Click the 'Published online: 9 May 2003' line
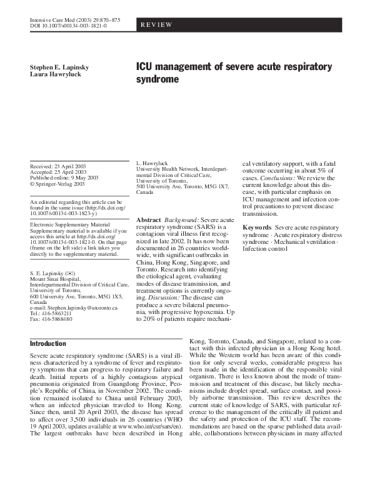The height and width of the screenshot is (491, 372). pos(64,178)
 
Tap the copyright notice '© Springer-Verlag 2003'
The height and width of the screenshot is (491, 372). pos(58,185)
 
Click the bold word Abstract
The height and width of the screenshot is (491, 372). pos(148,221)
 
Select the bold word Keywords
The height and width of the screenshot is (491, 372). pos(257,227)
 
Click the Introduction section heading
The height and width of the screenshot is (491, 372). pos(48,343)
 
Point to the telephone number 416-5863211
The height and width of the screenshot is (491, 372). pos(57,315)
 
